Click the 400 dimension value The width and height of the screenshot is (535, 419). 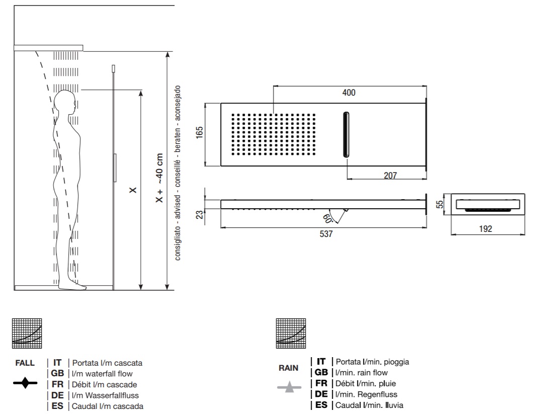coord(349,93)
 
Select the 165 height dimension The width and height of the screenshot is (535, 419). coord(200,132)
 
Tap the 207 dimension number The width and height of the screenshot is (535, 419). coord(390,176)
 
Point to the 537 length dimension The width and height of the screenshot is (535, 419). coord(326,234)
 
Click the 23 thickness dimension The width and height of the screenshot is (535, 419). coord(200,215)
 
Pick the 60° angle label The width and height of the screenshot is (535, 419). coord(328,218)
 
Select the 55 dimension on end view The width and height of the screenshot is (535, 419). coord(440,204)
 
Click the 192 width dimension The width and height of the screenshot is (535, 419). coord(486,228)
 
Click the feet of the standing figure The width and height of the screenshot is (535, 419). coord(77,286)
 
